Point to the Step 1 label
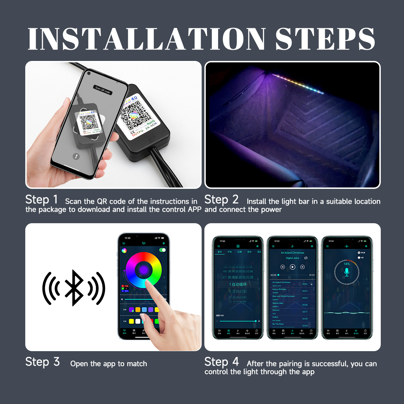pos(41,199)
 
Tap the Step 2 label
pos(221,199)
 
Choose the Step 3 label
pos(42,362)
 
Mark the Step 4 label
pos(222,362)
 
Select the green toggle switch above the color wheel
pos(163,250)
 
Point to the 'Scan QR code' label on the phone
pos(103,90)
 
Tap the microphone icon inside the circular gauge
pos(347,272)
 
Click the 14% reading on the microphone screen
pos(347,264)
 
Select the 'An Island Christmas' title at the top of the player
pos(292,252)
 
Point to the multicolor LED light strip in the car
pos(298,83)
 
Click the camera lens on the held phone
pos(89,73)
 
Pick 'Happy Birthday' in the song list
pos(279,289)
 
